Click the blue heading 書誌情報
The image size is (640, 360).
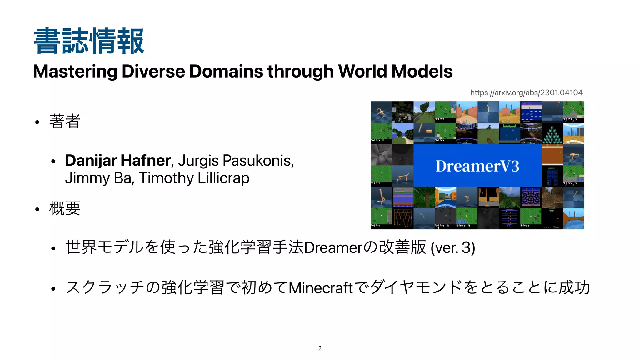[89, 41]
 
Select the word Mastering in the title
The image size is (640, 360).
[75, 71]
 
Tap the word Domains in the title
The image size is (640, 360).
[226, 71]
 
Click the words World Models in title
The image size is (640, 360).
[395, 71]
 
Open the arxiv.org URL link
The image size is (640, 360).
[526, 92]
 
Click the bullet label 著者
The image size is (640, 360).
[65, 121]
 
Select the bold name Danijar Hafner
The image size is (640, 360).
[117, 161]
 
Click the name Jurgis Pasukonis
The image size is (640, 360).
[236, 161]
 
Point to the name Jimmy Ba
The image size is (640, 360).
[100, 178]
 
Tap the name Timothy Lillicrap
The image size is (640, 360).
[194, 178]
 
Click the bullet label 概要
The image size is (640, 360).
[65, 208]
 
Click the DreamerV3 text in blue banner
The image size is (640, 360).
[477, 166]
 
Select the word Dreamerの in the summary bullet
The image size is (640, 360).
[340, 247]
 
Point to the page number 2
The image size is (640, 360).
[320, 348]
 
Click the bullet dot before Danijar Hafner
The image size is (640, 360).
[53, 162]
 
